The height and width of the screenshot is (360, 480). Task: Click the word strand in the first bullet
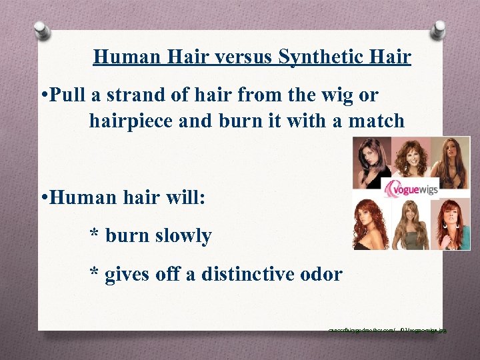(170, 95)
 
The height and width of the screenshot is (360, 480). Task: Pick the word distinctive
(258, 273)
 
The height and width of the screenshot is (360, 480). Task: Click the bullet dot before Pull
(41, 96)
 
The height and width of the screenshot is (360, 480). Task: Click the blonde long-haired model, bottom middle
(411, 224)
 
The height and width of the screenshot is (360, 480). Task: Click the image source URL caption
(387, 329)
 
